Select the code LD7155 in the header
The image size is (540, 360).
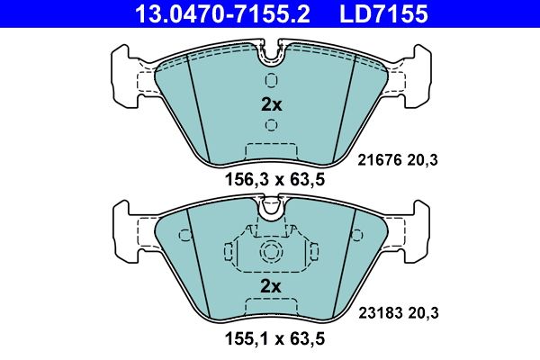(382, 13)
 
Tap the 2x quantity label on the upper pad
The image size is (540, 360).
(271, 104)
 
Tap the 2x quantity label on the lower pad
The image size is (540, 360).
(271, 286)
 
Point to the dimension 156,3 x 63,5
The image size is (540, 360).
(271, 179)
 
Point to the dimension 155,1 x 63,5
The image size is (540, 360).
(271, 340)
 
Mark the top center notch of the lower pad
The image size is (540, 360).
(271, 210)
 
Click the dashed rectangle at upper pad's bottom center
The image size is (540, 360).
(271, 152)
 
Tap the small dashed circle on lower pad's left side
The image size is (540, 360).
(185, 237)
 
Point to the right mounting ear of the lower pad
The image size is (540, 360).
(413, 229)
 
